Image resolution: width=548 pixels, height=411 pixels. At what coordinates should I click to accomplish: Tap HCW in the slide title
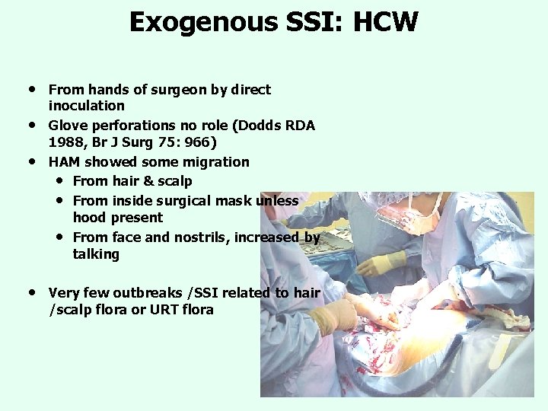coord(385,21)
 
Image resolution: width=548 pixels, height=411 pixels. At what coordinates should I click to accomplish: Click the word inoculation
coord(86,106)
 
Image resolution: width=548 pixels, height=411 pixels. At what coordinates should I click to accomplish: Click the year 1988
coord(65,142)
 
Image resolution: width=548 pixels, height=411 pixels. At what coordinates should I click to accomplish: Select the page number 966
coord(195,142)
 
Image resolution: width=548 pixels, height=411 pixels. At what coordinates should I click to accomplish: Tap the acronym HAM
coord(65,161)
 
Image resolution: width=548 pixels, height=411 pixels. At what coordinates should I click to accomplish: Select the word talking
coord(96,254)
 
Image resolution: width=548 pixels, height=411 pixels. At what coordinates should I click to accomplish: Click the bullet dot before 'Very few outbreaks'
coord(32,292)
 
